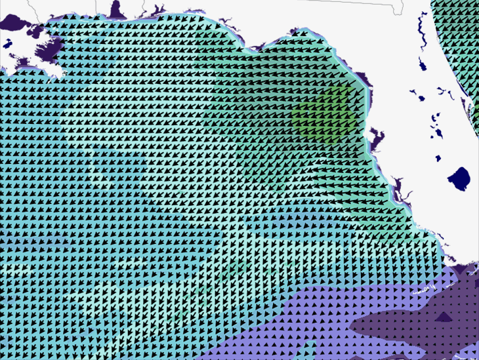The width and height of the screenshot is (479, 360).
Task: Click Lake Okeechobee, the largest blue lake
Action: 459,178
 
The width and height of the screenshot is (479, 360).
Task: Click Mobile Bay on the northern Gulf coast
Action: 118,10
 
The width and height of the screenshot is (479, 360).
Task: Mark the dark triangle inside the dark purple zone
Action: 444,317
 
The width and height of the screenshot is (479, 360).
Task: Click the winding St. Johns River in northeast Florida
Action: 420,26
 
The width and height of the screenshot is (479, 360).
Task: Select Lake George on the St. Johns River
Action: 422,66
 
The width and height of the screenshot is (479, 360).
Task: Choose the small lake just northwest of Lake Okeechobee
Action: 438,157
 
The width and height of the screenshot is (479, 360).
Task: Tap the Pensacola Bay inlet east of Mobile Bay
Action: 158,11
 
